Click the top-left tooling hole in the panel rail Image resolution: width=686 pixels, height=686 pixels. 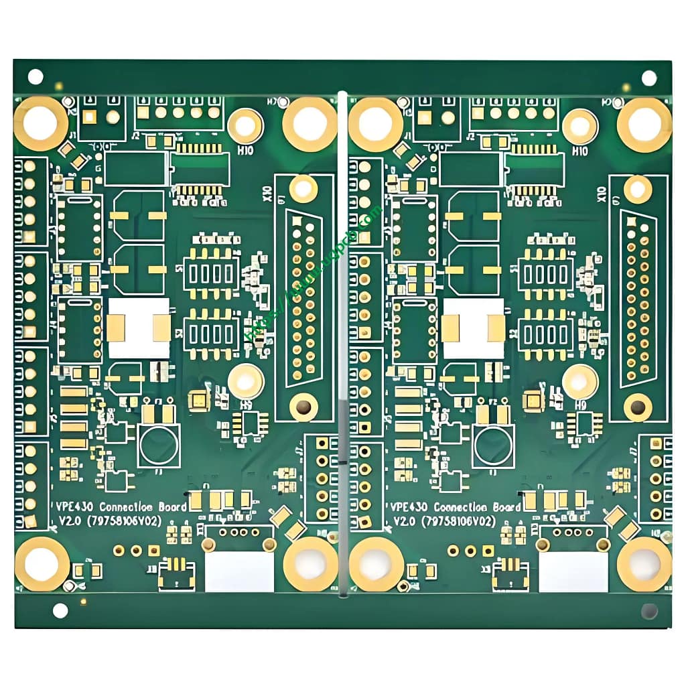35,76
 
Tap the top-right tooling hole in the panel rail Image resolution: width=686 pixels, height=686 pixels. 648,78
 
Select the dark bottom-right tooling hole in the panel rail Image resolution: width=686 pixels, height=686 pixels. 648,611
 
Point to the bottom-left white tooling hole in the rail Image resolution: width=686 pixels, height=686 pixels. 60,610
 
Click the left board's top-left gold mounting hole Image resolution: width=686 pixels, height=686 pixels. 41,123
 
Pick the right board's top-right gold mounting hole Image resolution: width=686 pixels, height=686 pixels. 644,124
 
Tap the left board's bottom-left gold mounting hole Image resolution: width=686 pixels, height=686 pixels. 42,563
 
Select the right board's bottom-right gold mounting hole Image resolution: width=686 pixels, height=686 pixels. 644,563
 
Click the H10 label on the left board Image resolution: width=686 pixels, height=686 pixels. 245,151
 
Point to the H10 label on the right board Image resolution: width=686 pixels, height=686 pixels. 580,151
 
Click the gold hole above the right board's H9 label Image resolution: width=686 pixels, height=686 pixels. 579,381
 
